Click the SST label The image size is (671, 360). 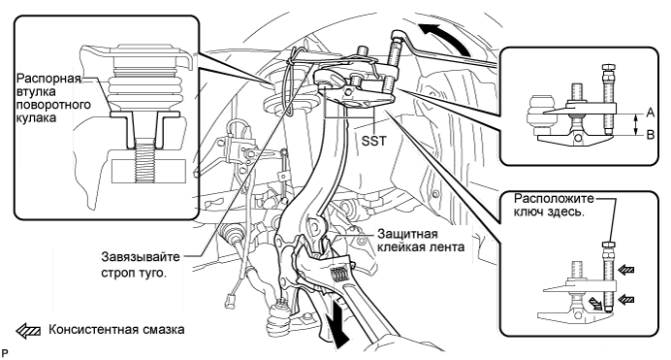coord(373,140)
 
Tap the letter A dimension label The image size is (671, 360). coord(650,113)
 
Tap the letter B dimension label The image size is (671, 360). coord(650,135)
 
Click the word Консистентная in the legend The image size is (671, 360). coord(93,330)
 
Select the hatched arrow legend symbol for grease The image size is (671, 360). coord(28,331)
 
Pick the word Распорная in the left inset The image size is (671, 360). coord(48,80)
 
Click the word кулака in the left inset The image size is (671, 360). coord(37,117)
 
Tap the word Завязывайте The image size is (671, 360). coord(141,257)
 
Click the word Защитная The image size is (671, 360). coord(407,234)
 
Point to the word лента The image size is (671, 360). coord(447,247)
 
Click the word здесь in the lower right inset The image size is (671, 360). coord(565,212)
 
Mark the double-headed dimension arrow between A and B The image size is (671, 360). coord(635,124)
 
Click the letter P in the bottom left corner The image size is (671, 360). coord(5,353)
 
